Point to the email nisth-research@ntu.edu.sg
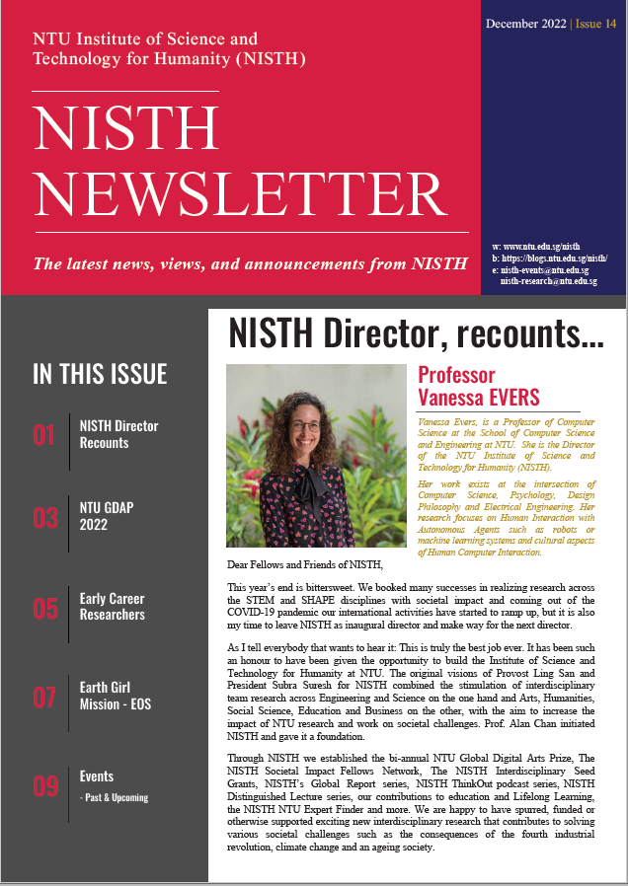click(548, 281)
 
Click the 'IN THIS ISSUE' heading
click(100, 375)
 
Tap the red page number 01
click(44, 435)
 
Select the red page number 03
click(44, 519)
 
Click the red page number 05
click(44, 608)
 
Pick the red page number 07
click(44, 697)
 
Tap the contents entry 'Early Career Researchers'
click(112, 607)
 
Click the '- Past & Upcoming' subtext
click(114, 797)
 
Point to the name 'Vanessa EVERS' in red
click(479, 397)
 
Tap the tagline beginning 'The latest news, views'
click(250, 263)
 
